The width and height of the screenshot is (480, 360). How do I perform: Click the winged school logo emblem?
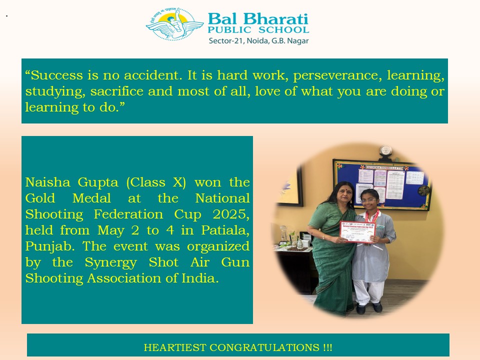174,24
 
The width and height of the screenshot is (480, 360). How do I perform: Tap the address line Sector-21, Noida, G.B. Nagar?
258,40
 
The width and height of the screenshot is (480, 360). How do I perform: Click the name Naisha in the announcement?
48,182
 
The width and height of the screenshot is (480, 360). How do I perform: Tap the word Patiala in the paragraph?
225,230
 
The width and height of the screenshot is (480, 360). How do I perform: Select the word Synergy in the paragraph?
110,263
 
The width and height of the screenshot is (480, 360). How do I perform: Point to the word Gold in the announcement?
40,198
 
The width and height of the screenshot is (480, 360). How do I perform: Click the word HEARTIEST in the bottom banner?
175,347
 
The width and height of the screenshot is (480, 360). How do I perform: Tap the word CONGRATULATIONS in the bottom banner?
264,347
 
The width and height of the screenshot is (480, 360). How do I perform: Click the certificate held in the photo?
357,231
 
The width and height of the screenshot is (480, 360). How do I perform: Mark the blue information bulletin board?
382,184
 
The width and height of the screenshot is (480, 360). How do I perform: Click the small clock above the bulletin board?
385,151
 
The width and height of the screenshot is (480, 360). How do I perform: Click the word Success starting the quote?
54,75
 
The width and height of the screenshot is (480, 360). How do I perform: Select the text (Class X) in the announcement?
156,182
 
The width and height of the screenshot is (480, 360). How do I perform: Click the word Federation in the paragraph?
128,214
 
